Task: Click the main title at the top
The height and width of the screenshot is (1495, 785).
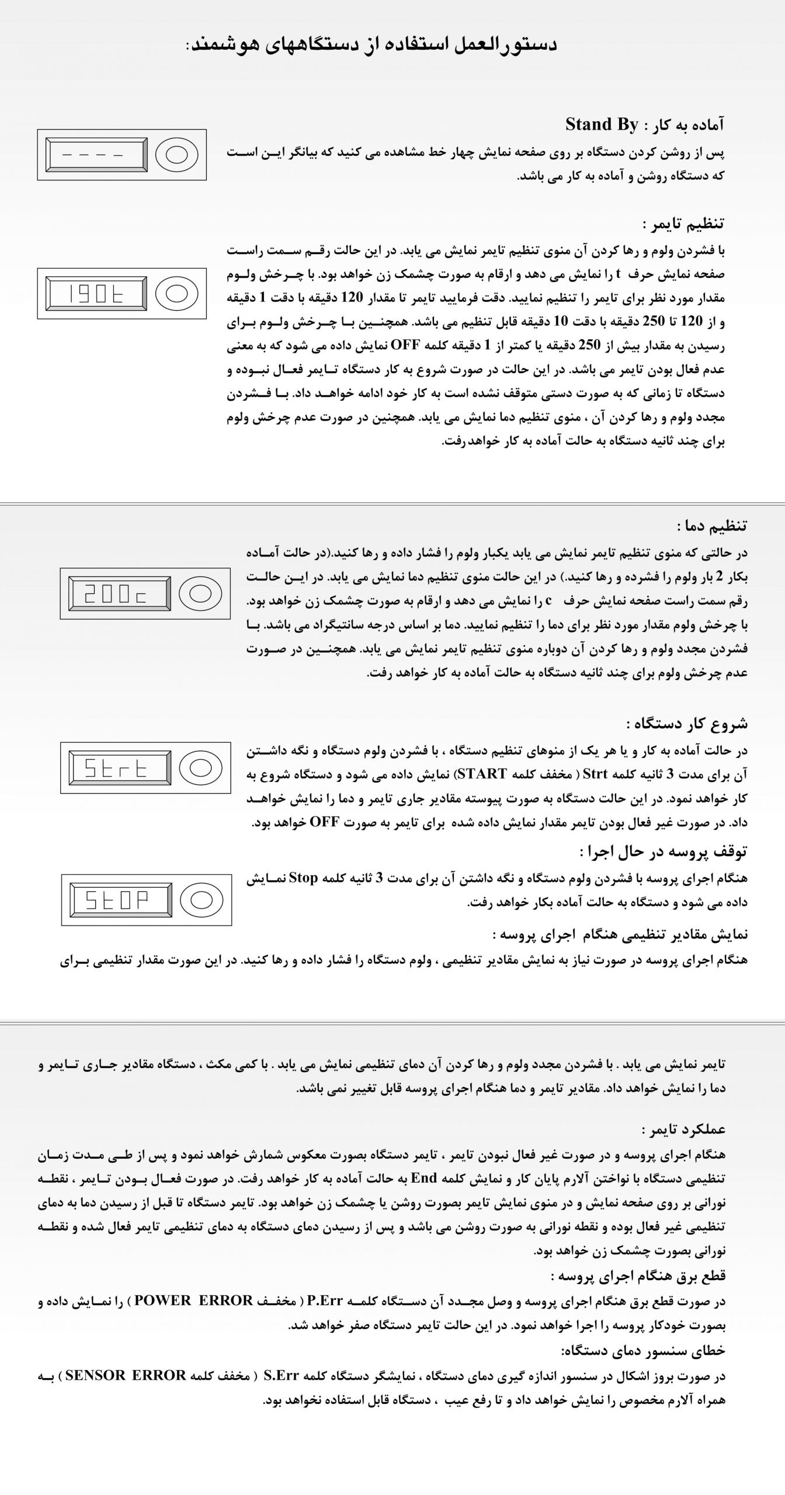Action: tap(371, 44)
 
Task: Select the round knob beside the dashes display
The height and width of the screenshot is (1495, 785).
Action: tap(177, 154)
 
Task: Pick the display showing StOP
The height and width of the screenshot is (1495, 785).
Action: tap(118, 900)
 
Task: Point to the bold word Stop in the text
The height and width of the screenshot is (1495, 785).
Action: tap(303, 879)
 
